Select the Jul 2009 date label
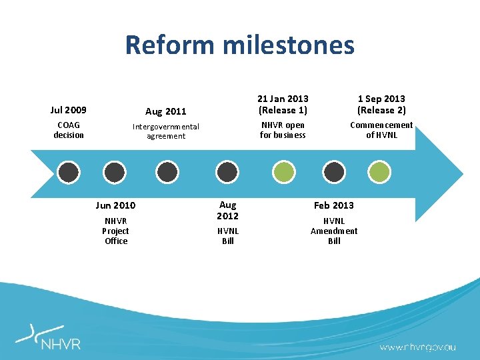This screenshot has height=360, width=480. (x=69, y=110)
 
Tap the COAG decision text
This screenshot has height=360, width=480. (x=69, y=130)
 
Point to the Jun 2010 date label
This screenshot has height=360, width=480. (x=115, y=205)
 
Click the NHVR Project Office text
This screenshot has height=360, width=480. (x=115, y=231)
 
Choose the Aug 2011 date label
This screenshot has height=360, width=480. (x=166, y=111)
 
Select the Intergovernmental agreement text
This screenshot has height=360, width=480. (x=166, y=131)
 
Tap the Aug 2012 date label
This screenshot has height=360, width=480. (x=228, y=211)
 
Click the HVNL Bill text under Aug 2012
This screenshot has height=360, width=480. (x=228, y=236)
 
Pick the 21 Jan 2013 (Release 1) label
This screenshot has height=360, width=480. (x=283, y=105)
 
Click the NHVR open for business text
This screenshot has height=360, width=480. (x=283, y=130)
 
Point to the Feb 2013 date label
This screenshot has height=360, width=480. (x=334, y=205)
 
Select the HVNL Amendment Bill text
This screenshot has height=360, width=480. (x=334, y=231)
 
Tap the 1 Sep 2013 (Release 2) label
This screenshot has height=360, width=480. (x=381, y=105)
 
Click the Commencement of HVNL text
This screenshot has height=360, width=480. (x=381, y=130)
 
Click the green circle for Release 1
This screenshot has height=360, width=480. (x=283, y=173)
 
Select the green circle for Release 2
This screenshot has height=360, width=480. (x=381, y=173)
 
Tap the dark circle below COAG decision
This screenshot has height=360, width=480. (x=69, y=173)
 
